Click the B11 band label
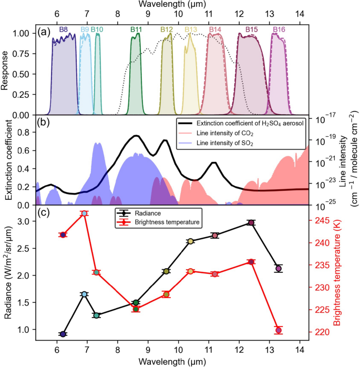pyautogui.click(x=136, y=29)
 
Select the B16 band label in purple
pyautogui.click(x=279, y=29)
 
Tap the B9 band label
pyautogui.click(x=85, y=29)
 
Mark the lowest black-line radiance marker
pyautogui.click(x=63, y=334)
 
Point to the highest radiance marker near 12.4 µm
pyautogui.click(x=251, y=223)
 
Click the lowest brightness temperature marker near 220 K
pyautogui.click(x=279, y=330)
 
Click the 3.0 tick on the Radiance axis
pyautogui.click(x=26, y=222)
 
